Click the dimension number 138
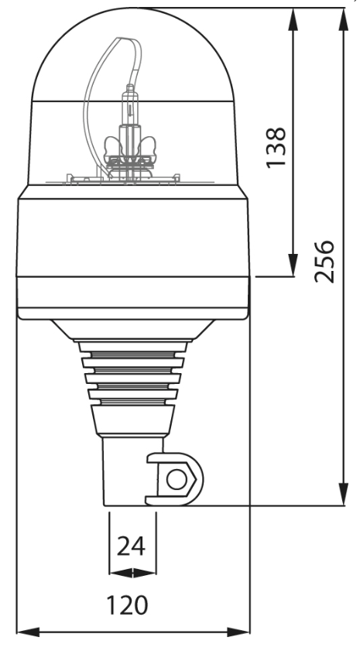point(277,146)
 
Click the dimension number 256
point(327,261)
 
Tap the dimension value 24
point(132,547)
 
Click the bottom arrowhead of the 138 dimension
point(293,266)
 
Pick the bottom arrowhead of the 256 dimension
point(342,496)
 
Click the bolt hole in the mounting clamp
point(177,480)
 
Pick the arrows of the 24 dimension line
point(132,573)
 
